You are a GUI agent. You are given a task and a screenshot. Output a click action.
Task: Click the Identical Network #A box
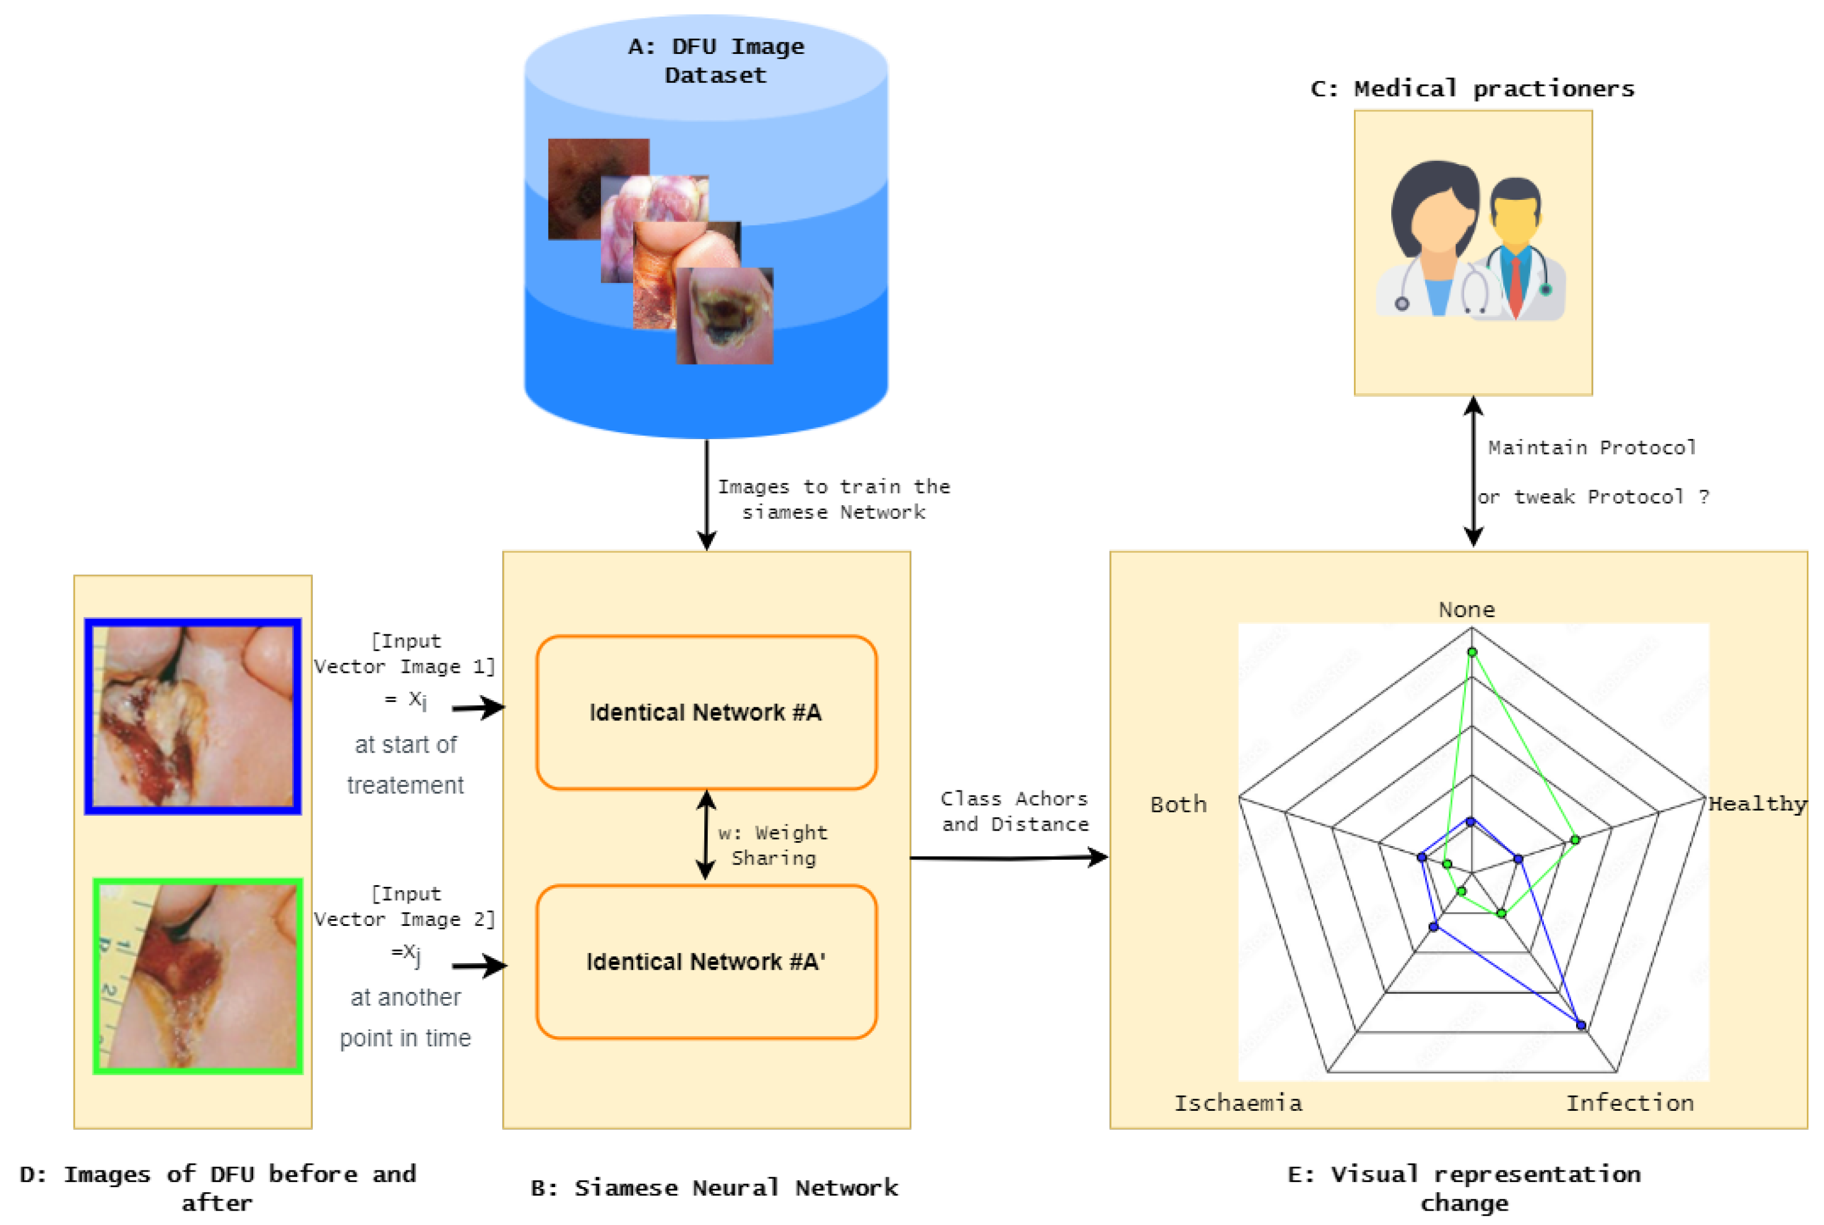point(706,712)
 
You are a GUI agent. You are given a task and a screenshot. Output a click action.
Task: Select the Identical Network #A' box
point(706,962)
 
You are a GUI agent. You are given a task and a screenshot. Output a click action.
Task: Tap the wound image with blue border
point(193,716)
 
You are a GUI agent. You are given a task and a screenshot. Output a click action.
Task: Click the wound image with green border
point(197,976)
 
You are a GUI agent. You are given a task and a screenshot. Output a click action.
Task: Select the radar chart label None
point(1466,610)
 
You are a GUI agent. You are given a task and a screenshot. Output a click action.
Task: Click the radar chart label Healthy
point(1756,804)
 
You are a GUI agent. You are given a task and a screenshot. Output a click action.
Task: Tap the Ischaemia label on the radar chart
point(1238,1103)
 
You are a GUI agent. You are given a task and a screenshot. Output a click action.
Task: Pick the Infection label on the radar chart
point(1629,1103)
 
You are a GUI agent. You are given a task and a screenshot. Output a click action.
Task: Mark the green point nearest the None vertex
point(1472,652)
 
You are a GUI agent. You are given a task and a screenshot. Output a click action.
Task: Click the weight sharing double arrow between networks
point(706,835)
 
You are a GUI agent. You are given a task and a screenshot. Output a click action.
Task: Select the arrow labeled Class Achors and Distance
point(1008,858)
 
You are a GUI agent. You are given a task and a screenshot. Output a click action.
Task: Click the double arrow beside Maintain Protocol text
point(1473,472)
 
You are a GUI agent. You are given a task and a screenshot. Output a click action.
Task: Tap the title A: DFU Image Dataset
point(716,61)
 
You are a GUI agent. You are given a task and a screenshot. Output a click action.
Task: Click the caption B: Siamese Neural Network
point(714,1188)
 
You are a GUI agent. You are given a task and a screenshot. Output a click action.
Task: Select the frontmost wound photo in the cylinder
point(725,316)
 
